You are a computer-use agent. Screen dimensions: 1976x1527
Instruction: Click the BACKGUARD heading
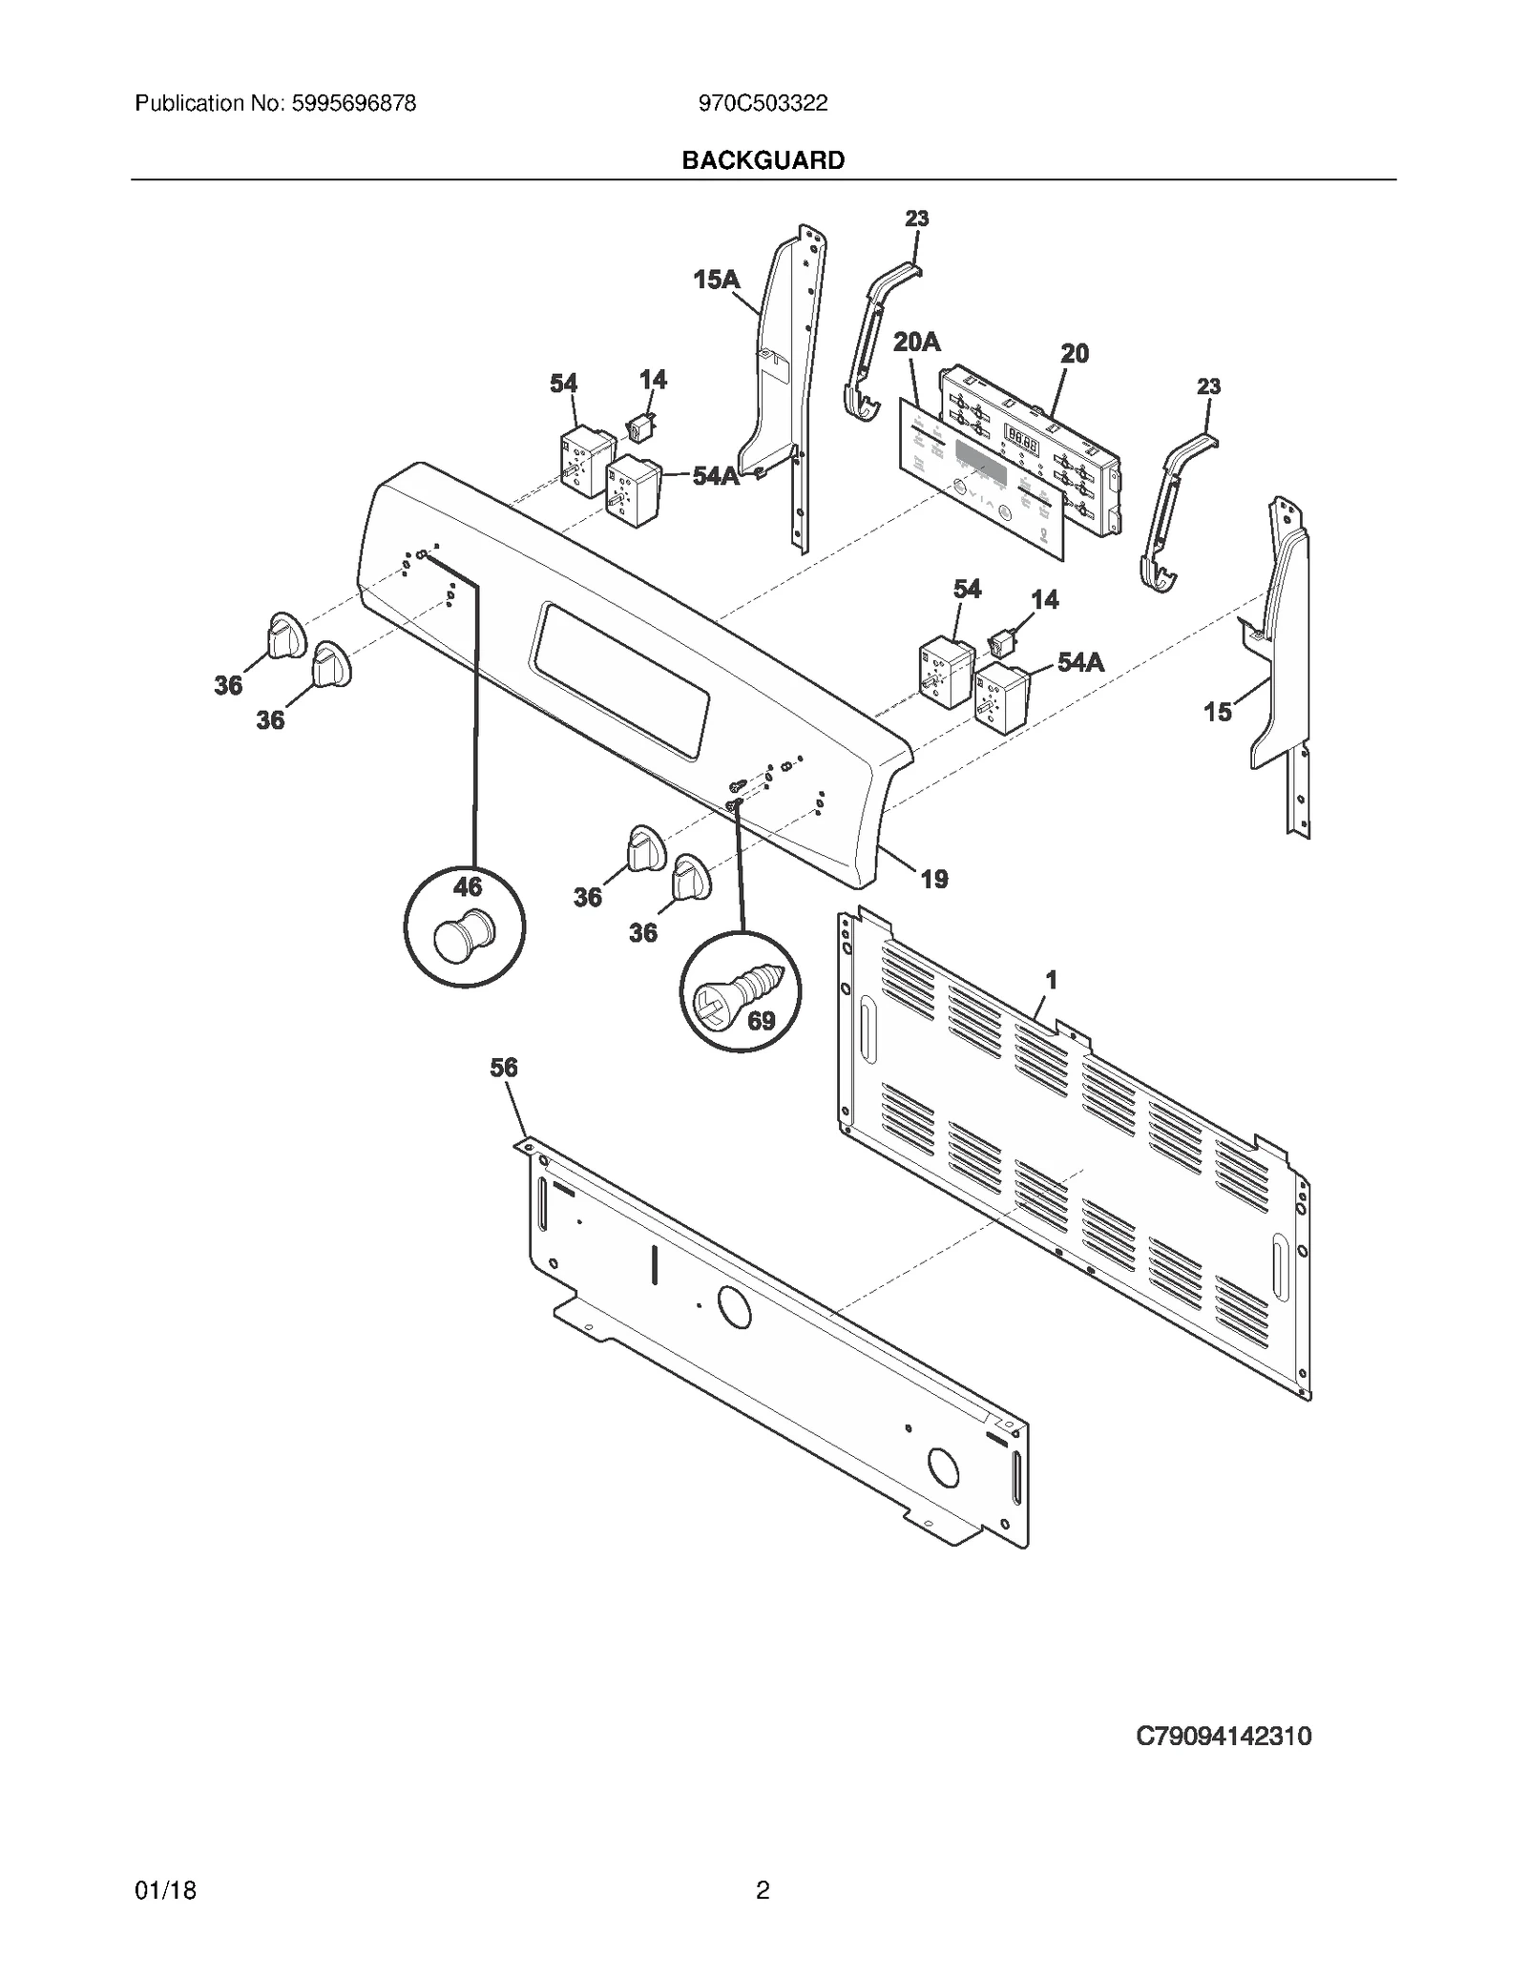[763, 160]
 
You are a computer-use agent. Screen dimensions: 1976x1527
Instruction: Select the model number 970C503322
[763, 104]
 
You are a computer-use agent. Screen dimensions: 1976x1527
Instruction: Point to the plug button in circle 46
[463, 935]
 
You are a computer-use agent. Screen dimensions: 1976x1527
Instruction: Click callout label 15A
[716, 280]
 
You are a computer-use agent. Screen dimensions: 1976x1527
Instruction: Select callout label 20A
[916, 342]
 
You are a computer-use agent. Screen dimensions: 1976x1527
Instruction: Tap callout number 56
[504, 1068]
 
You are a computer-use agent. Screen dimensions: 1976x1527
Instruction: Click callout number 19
[933, 879]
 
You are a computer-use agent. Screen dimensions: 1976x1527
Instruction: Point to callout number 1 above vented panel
[1051, 980]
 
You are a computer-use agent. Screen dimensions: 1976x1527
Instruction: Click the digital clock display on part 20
[1022, 440]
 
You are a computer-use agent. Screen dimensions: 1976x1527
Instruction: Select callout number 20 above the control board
[1075, 354]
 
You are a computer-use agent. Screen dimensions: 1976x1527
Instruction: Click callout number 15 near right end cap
[1217, 712]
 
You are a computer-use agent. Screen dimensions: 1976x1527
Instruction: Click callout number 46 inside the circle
[468, 887]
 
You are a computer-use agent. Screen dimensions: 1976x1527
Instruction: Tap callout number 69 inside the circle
[761, 1022]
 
